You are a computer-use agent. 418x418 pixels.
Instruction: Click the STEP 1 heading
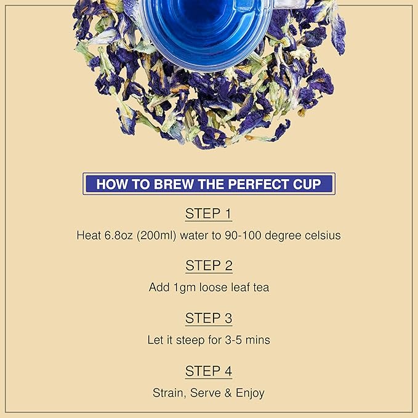209,214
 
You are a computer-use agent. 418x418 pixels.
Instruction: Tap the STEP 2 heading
209,266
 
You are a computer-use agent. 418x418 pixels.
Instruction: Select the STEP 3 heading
209,318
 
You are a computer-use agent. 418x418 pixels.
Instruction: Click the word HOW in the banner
111,183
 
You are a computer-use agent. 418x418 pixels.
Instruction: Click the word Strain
169,392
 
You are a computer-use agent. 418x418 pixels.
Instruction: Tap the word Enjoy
249,392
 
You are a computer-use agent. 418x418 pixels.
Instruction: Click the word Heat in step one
88,235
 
